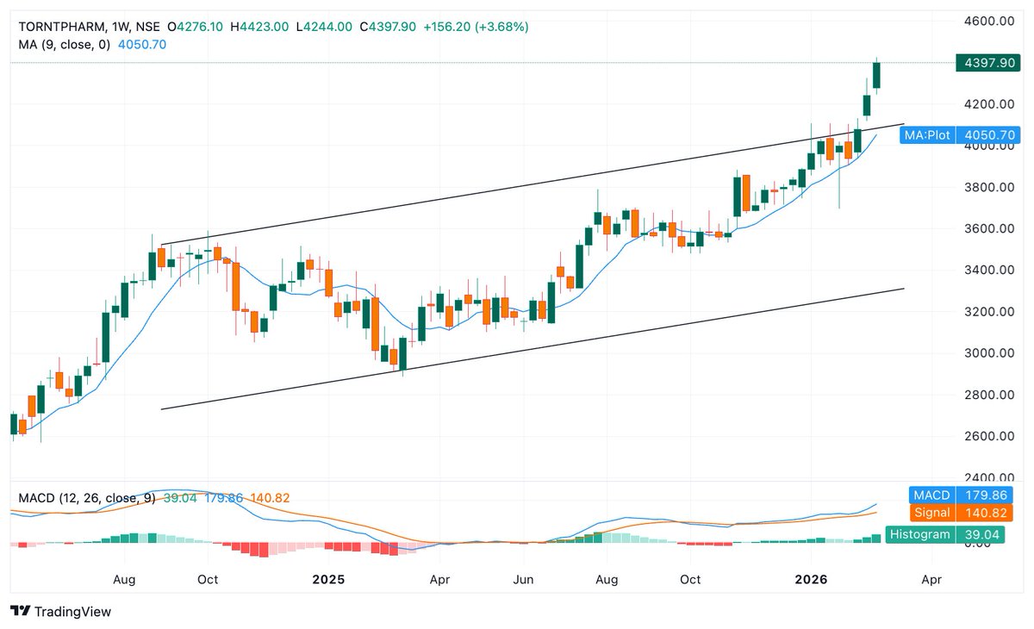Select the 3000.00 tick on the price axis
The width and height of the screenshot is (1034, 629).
pos(987,353)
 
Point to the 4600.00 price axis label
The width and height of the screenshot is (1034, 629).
pos(987,21)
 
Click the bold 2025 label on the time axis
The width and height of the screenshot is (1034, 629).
pos(328,580)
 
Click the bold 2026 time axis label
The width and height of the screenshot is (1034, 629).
pos(811,580)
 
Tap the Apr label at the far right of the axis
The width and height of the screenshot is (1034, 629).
pos(931,580)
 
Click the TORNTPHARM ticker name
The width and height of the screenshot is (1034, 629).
pos(56,27)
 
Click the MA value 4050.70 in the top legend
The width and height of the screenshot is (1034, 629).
pos(141,44)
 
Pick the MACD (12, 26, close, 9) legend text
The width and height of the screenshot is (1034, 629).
pos(83,498)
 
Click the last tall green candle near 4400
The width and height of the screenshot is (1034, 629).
pos(877,76)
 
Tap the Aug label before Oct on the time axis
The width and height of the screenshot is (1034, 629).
pos(125,580)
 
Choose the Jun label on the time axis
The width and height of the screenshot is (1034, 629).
pos(524,580)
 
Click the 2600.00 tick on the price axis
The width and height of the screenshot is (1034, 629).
pos(987,436)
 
